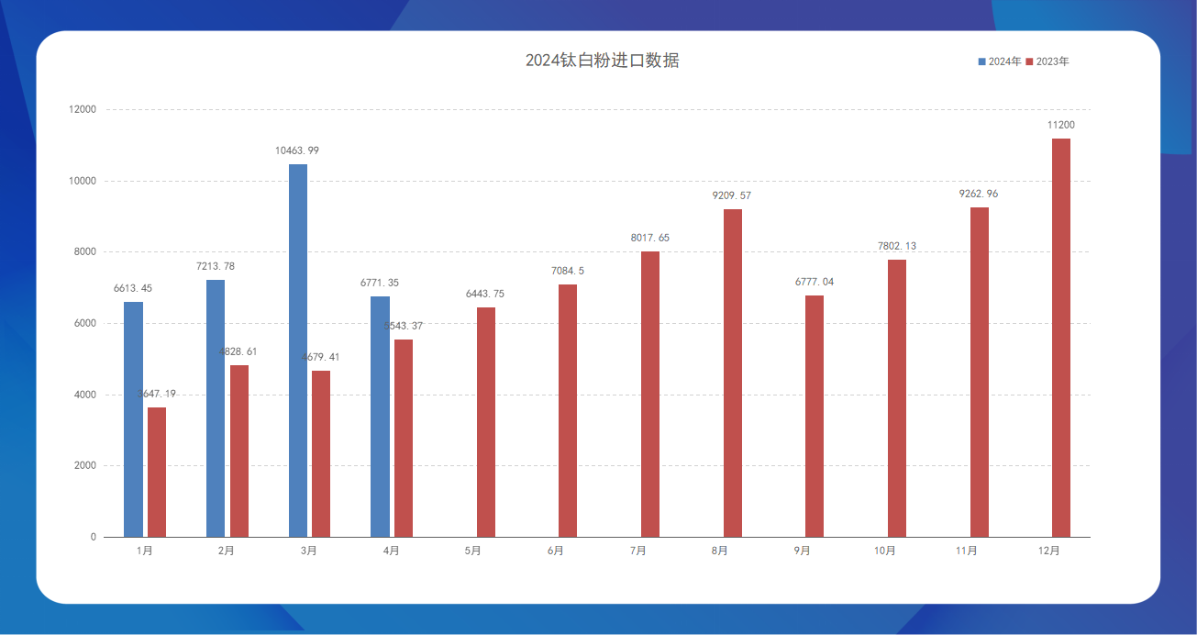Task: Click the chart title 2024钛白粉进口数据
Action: (x=602, y=61)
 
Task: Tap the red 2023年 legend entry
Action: (x=1047, y=61)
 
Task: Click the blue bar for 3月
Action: (x=298, y=351)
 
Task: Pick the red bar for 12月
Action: (x=1061, y=338)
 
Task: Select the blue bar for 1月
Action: (x=133, y=419)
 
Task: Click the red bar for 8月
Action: (x=733, y=373)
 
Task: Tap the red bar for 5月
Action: (x=486, y=422)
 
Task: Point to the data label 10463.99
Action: (x=297, y=150)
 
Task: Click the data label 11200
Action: (x=1061, y=125)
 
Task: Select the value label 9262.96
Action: (x=979, y=194)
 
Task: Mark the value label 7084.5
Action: (x=568, y=271)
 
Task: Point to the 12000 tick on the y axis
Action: (x=83, y=110)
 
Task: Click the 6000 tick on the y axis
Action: (x=85, y=324)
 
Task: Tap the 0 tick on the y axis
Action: (x=93, y=538)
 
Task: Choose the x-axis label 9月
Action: (x=802, y=551)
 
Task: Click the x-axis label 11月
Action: (x=966, y=551)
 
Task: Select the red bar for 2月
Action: (x=239, y=451)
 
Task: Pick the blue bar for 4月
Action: (x=380, y=417)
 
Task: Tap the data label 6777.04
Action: (x=815, y=282)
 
